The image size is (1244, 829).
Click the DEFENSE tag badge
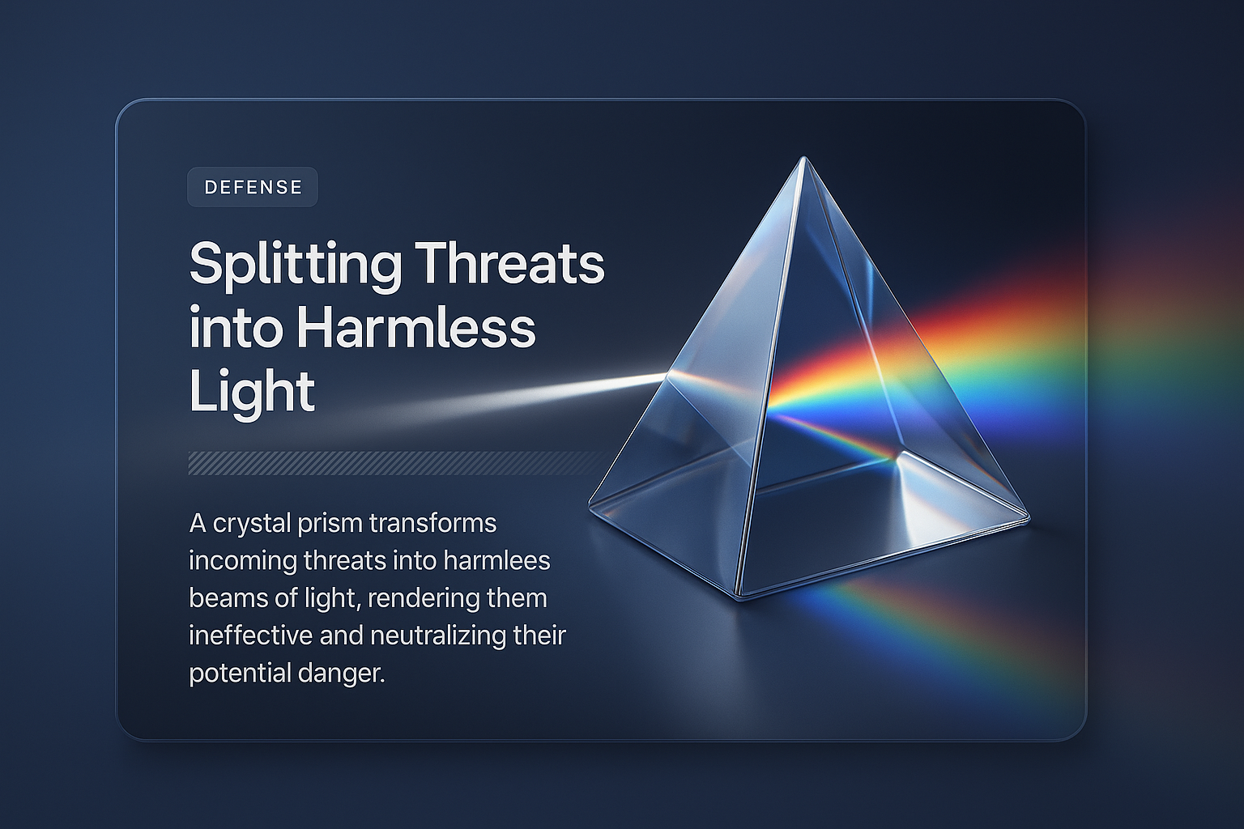253,187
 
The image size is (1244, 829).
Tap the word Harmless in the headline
415,328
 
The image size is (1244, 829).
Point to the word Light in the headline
251,392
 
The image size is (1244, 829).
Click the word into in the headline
236,328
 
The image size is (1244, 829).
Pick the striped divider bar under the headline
397,463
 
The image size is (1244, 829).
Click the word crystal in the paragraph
251,524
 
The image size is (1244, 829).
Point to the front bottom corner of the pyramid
740,596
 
